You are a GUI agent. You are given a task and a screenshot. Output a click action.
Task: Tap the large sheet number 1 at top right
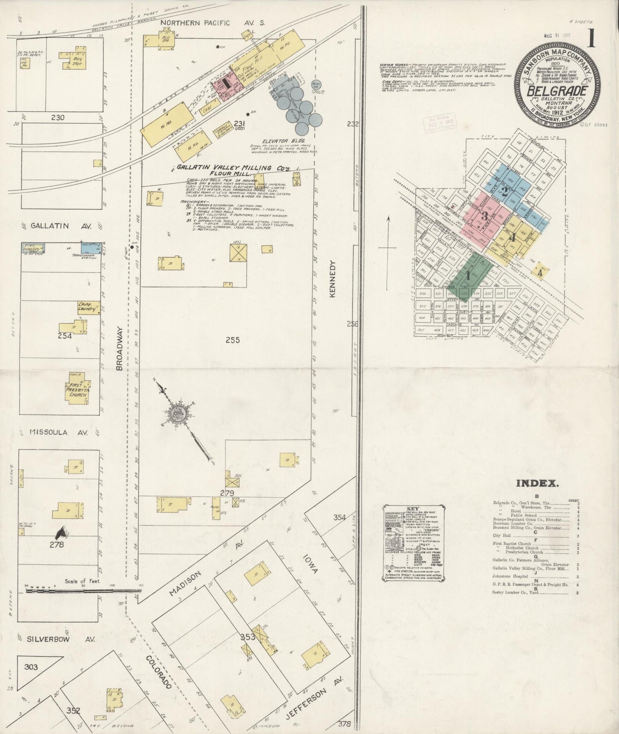pos(592,39)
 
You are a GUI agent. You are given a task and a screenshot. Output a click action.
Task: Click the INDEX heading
pos(537,483)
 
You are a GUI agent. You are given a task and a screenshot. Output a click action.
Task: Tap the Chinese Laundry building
pos(88,307)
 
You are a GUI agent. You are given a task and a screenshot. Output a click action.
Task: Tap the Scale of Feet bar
pos(81,591)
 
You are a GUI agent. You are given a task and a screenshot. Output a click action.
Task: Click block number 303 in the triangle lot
pos(31,667)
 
